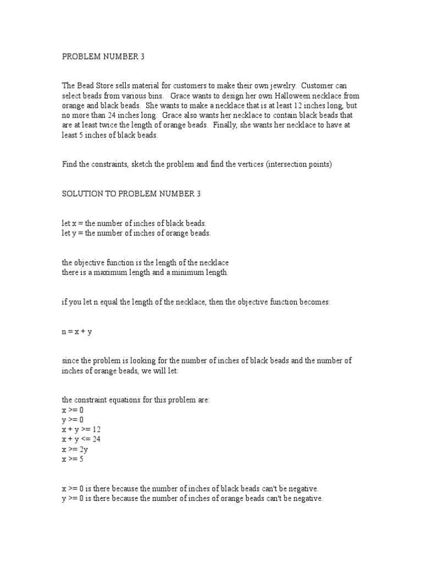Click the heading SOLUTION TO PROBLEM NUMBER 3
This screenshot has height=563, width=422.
(127, 194)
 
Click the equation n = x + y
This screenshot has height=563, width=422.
(76, 333)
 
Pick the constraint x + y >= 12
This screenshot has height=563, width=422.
(81, 429)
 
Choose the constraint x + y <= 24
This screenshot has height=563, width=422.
(81, 439)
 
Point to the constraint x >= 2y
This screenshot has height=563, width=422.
(75, 449)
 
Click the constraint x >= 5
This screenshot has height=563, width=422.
(73, 459)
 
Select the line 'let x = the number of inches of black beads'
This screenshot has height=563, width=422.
(134, 223)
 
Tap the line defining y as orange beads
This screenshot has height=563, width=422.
(136, 233)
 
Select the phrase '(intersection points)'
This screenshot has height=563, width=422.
(299, 164)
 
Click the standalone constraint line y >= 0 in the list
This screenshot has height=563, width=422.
(73, 419)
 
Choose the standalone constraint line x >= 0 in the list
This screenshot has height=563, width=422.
(73, 410)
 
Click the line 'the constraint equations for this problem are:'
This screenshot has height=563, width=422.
(135, 400)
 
